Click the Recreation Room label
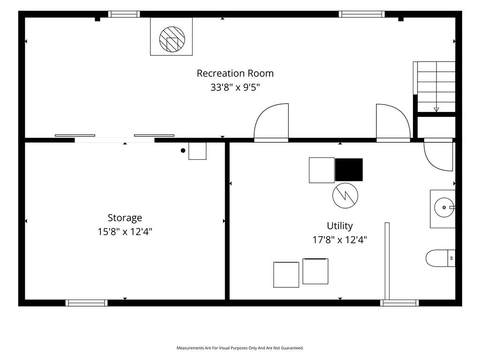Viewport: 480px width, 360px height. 235,74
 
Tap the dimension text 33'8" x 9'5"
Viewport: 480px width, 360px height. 235,87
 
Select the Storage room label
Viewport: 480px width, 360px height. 125,218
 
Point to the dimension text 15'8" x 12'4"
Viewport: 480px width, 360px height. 125,232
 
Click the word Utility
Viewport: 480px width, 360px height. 340,226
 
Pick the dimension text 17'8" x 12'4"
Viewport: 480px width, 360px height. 340,240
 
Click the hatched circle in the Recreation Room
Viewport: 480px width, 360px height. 172,39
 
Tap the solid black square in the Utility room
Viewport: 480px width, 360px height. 349,170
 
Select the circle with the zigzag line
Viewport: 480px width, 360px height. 345,195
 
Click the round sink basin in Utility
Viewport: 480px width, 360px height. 444,208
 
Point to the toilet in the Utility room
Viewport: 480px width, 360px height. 440,258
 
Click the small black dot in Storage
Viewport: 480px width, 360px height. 183,150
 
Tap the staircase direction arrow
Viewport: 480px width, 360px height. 436,109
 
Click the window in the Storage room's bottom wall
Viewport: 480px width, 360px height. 87,303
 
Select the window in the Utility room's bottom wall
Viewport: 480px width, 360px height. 399,303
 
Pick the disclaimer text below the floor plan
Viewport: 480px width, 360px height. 240,348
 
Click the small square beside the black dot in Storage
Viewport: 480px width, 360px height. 197,151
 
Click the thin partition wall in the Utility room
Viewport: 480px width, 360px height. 387,261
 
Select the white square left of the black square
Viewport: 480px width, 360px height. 322,170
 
